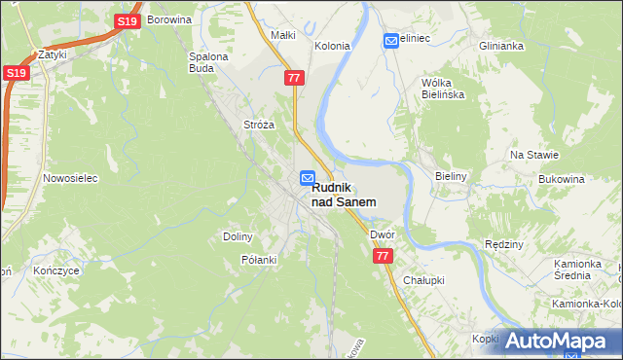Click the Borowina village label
(x=167, y=19)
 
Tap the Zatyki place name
(x=52, y=55)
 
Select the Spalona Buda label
(x=207, y=62)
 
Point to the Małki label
(x=282, y=35)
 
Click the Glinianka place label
(x=502, y=46)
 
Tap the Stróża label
(x=259, y=125)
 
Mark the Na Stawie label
(x=534, y=155)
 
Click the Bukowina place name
(x=562, y=180)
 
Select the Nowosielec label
(x=67, y=178)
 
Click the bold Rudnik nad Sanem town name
(x=345, y=195)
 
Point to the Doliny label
(x=238, y=236)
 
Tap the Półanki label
(x=259, y=260)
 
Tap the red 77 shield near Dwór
(x=383, y=256)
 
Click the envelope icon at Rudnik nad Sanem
(x=308, y=177)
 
